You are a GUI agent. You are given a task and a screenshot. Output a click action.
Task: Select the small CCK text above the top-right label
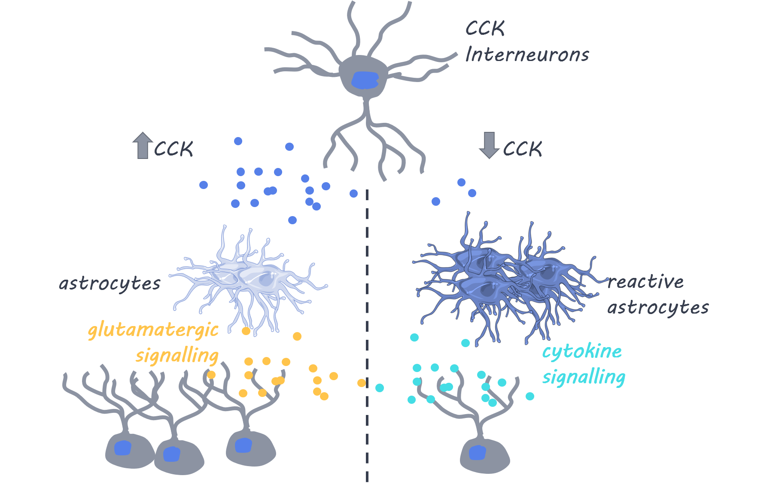click(487, 31)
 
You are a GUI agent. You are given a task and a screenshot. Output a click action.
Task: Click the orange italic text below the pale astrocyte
click(155, 339)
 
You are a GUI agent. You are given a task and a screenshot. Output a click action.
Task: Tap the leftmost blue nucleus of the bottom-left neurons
click(123, 448)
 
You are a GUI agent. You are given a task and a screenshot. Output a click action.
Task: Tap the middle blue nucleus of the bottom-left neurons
click(172, 454)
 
